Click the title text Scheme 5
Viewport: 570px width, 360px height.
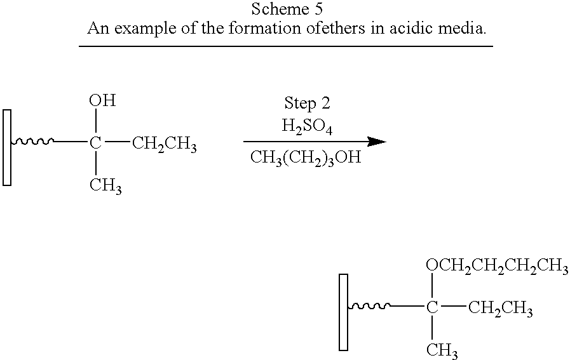[287, 9]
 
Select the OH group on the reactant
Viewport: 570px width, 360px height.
[102, 100]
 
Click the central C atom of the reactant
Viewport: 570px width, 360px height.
[95, 143]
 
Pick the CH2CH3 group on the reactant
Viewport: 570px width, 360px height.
[165, 144]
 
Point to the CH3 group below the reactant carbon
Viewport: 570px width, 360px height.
[105, 187]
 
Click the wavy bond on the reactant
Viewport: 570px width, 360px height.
[32, 142]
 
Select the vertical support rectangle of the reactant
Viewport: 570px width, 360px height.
[7, 147]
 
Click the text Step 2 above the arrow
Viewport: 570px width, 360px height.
[307, 103]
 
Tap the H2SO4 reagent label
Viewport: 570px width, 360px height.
[307, 127]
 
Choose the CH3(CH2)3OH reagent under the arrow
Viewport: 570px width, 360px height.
[306, 157]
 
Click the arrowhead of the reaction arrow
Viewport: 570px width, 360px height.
[377, 142]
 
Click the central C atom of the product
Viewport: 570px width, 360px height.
[432, 308]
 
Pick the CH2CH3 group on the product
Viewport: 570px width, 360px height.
[501, 309]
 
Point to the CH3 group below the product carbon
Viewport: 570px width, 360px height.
[442, 351]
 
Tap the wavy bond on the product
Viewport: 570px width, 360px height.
[369, 306]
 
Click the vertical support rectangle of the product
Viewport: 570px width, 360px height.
[344, 312]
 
